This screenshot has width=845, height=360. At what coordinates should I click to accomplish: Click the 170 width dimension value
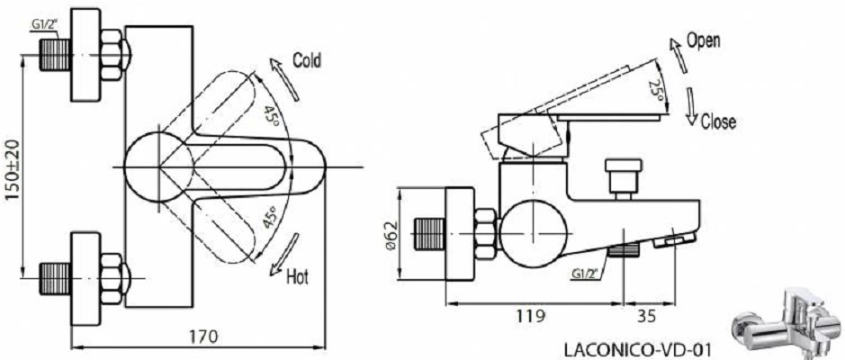pos(203,337)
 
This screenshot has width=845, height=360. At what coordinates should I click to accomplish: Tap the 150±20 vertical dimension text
pos(12,170)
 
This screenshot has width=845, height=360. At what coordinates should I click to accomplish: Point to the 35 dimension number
pos(646,316)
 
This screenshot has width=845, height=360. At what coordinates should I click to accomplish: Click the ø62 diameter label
pos(391,235)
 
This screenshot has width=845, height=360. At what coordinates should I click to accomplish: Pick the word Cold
pos(307,60)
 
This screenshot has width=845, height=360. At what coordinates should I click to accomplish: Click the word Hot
pos(298,277)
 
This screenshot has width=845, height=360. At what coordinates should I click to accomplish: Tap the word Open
pos(703,40)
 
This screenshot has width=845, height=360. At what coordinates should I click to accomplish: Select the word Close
pos(718,121)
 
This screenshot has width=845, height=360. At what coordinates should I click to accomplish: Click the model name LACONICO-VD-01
pos(637,350)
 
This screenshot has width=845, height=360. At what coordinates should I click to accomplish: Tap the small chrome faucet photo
pos(787,321)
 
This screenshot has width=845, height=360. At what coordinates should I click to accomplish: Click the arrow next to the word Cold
pos(284,80)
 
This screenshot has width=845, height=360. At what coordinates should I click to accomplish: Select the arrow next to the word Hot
pos(284,254)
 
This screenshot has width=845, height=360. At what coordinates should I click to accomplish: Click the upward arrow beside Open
pos(679,56)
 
